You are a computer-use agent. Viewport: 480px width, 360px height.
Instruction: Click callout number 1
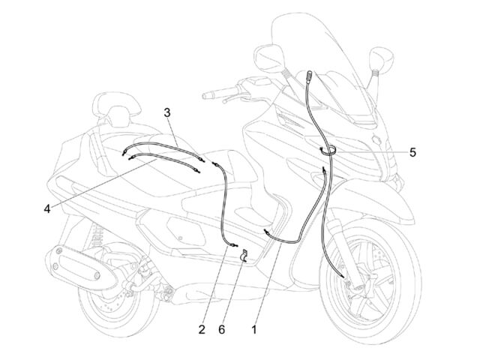pos(254,330)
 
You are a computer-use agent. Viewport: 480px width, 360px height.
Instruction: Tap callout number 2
pos(202,330)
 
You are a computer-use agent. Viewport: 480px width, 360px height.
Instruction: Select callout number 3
pos(166,112)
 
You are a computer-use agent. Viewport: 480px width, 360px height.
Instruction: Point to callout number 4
pos(46,209)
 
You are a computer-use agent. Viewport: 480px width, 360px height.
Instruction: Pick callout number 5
pos(412,152)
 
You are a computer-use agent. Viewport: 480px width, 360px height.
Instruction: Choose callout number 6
pos(222,330)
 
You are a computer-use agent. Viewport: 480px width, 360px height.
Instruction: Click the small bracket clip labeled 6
pos(244,256)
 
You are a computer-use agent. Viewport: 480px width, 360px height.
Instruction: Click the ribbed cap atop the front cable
pos(309,75)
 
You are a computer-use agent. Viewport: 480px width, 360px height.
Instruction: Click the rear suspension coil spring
pos(96,236)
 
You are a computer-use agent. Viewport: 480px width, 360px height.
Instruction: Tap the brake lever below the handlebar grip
pos(233,97)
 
